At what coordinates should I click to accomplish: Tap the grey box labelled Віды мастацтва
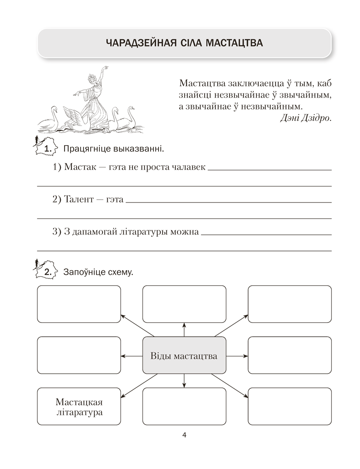[184, 356]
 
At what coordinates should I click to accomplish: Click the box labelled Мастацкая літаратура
[78, 407]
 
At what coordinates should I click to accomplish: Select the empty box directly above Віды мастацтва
[184, 304]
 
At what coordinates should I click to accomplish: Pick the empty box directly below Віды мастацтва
[184, 407]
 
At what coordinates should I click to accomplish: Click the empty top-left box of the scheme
[78, 304]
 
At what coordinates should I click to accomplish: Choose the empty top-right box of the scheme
[289, 304]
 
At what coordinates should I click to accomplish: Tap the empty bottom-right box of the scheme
[289, 407]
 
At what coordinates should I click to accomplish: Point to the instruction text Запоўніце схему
[98, 272]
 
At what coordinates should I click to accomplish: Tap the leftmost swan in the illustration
[49, 120]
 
